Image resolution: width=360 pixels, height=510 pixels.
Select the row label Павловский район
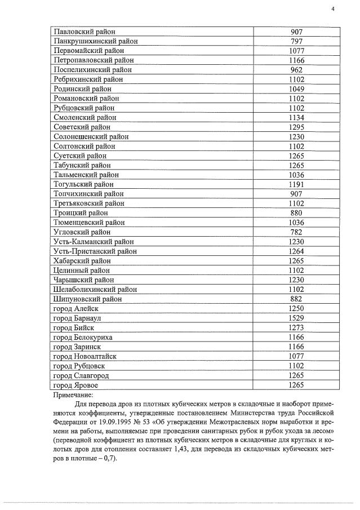tap(84, 32)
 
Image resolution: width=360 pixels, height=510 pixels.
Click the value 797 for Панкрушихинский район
tap(296, 41)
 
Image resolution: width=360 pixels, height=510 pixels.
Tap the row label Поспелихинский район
tap(92, 70)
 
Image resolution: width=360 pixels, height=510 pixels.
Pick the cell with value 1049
tap(296, 89)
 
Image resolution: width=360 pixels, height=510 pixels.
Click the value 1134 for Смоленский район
tap(296, 118)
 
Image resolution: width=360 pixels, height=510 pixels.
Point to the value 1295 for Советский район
tap(296, 127)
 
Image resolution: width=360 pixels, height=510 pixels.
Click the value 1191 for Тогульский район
tap(296, 184)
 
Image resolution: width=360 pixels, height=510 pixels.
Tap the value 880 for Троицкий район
tap(296, 213)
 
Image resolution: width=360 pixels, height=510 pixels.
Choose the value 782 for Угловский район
tap(296, 232)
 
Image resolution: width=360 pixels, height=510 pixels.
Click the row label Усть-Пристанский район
tap(95, 251)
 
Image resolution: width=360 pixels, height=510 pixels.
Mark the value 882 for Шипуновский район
tap(296, 299)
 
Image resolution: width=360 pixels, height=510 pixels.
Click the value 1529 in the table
tap(296, 318)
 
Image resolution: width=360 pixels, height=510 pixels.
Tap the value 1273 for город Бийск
tap(296, 327)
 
